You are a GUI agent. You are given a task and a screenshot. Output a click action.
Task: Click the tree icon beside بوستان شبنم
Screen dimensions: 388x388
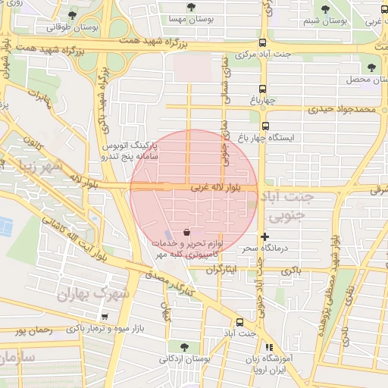(x=325, y=10)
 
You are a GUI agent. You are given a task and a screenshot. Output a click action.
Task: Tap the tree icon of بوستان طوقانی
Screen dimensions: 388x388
(x=72, y=14)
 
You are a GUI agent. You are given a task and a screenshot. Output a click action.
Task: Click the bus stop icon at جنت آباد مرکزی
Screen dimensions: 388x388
(x=263, y=43)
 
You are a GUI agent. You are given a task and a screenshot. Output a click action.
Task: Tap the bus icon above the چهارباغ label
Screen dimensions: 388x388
(x=263, y=88)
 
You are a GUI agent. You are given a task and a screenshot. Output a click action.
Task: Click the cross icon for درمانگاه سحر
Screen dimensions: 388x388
(x=264, y=236)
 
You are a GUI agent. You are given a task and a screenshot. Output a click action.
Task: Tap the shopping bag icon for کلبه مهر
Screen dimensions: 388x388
(x=187, y=230)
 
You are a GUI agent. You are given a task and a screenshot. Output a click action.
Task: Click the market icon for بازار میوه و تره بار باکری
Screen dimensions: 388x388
(x=105, y=318)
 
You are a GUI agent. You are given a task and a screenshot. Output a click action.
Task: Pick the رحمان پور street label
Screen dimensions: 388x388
(x=31, y=330)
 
